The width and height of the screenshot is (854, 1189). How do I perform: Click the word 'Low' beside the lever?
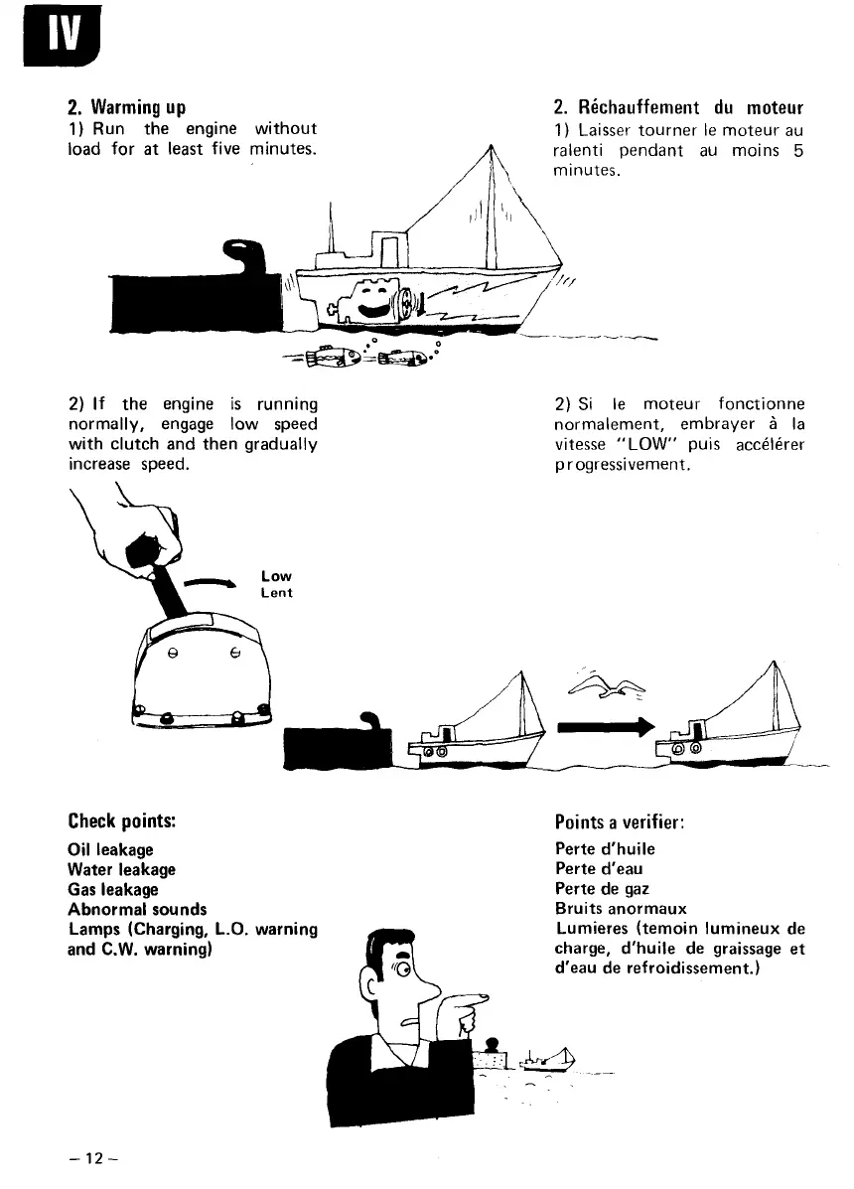coord(276,575)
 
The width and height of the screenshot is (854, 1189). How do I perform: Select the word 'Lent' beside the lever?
coord(276,592)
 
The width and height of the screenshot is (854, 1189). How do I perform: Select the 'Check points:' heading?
coord(122,821)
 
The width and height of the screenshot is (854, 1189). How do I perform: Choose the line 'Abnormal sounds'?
coord(137,909)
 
